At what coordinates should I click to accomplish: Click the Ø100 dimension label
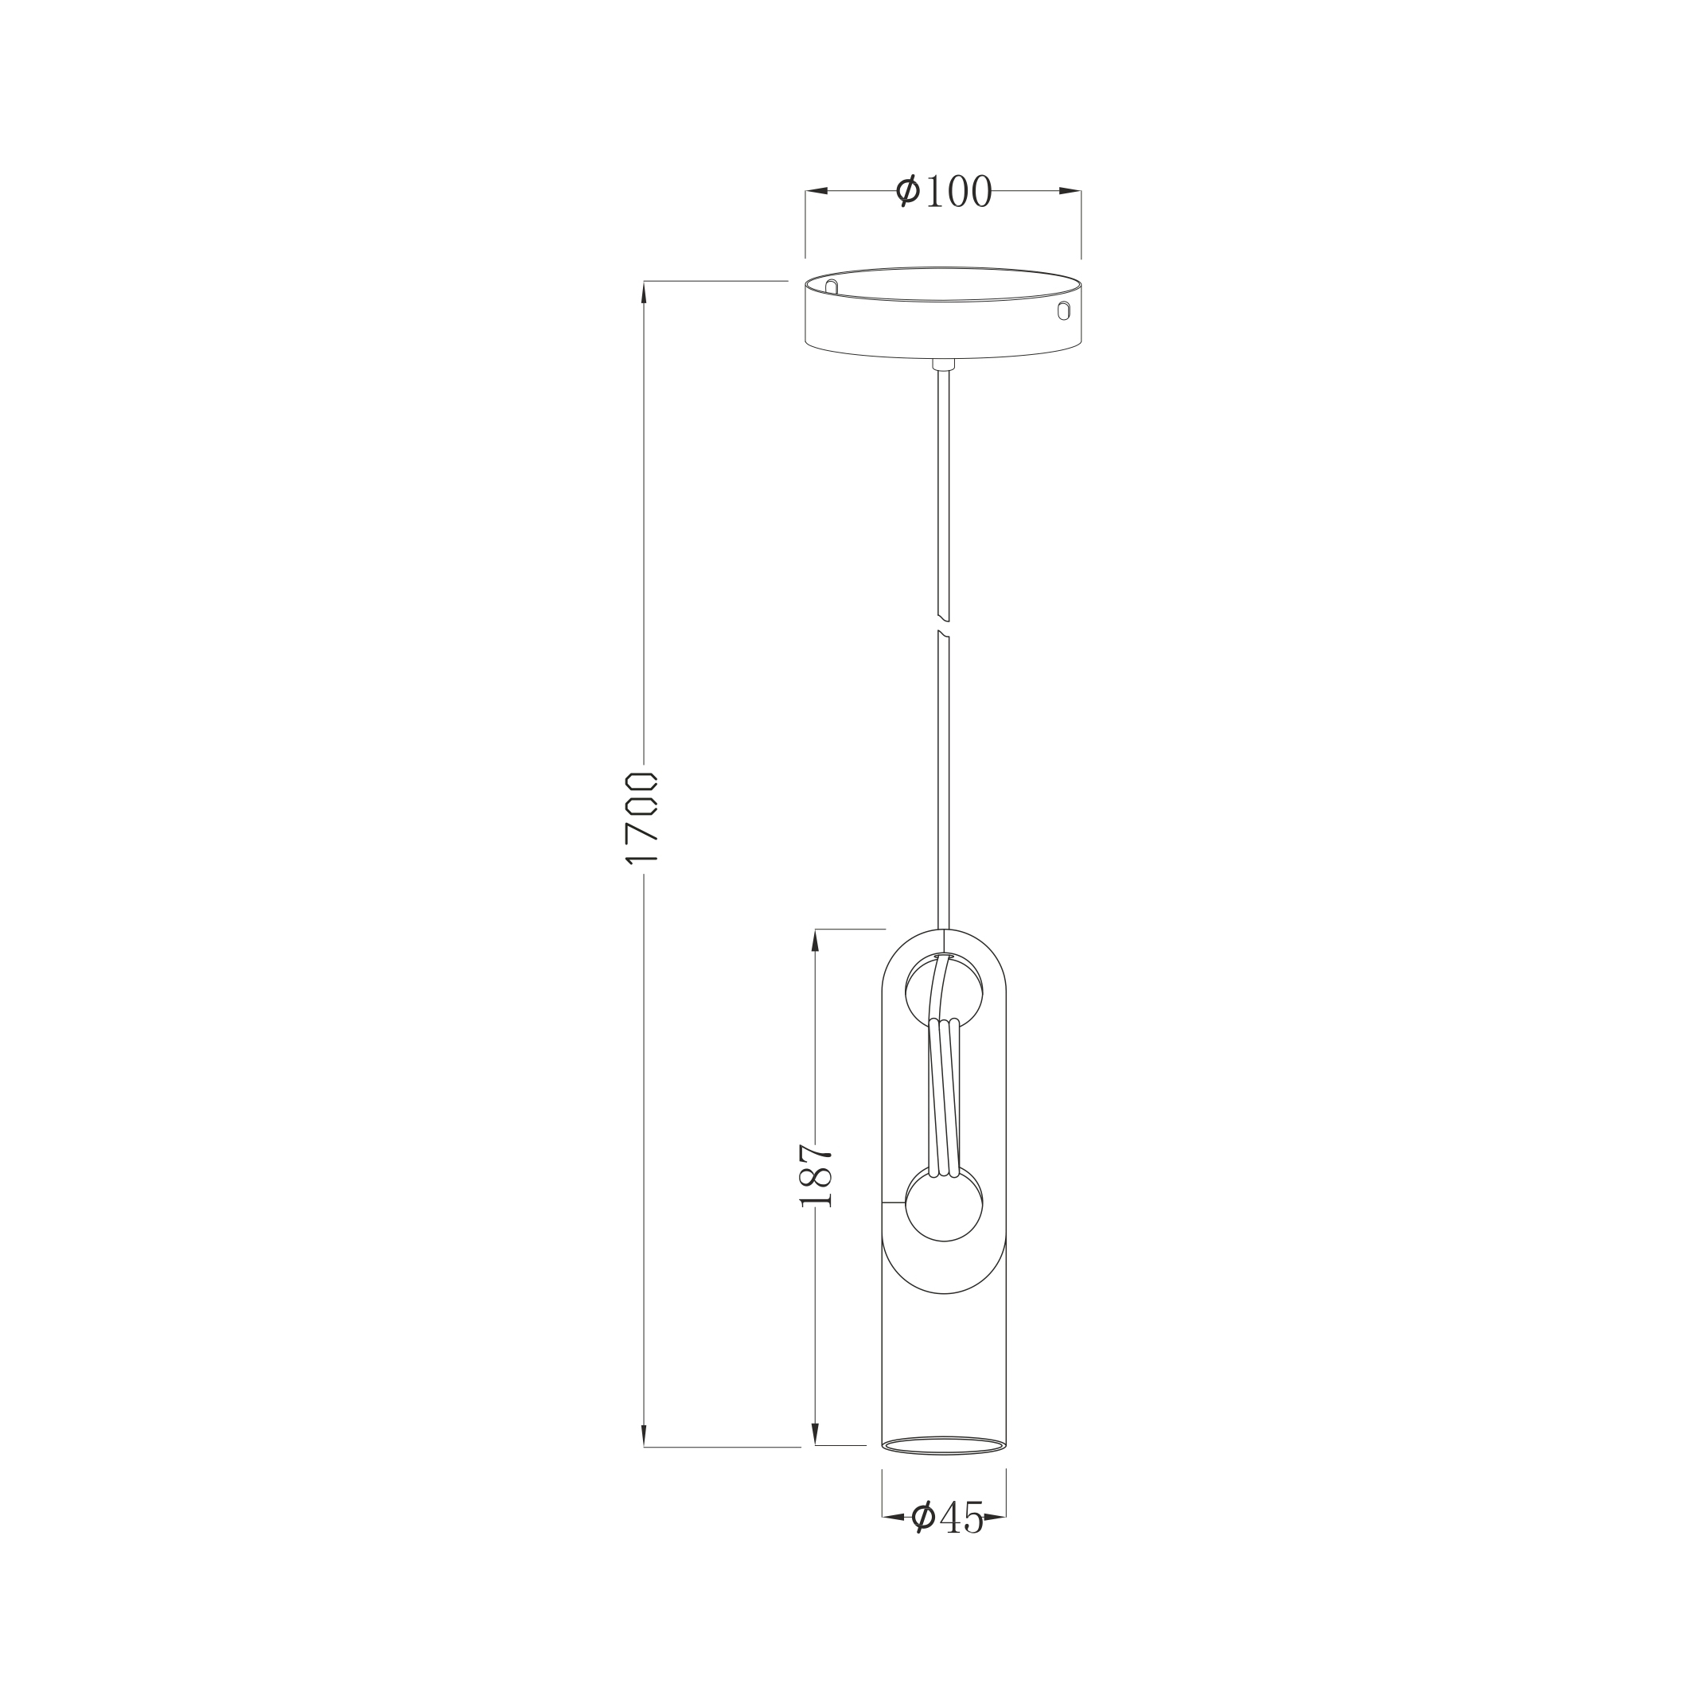tap(944, 191)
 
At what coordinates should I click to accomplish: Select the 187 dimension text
tap(816, 1175)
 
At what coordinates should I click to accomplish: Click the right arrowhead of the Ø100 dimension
tap(1070, 191)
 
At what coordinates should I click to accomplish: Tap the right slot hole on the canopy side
tap(1064, 310)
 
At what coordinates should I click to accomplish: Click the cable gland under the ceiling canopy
tap(944, 364)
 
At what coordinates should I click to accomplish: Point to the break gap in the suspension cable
tap(944, 626)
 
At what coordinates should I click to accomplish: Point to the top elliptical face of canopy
tap(944, 283)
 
